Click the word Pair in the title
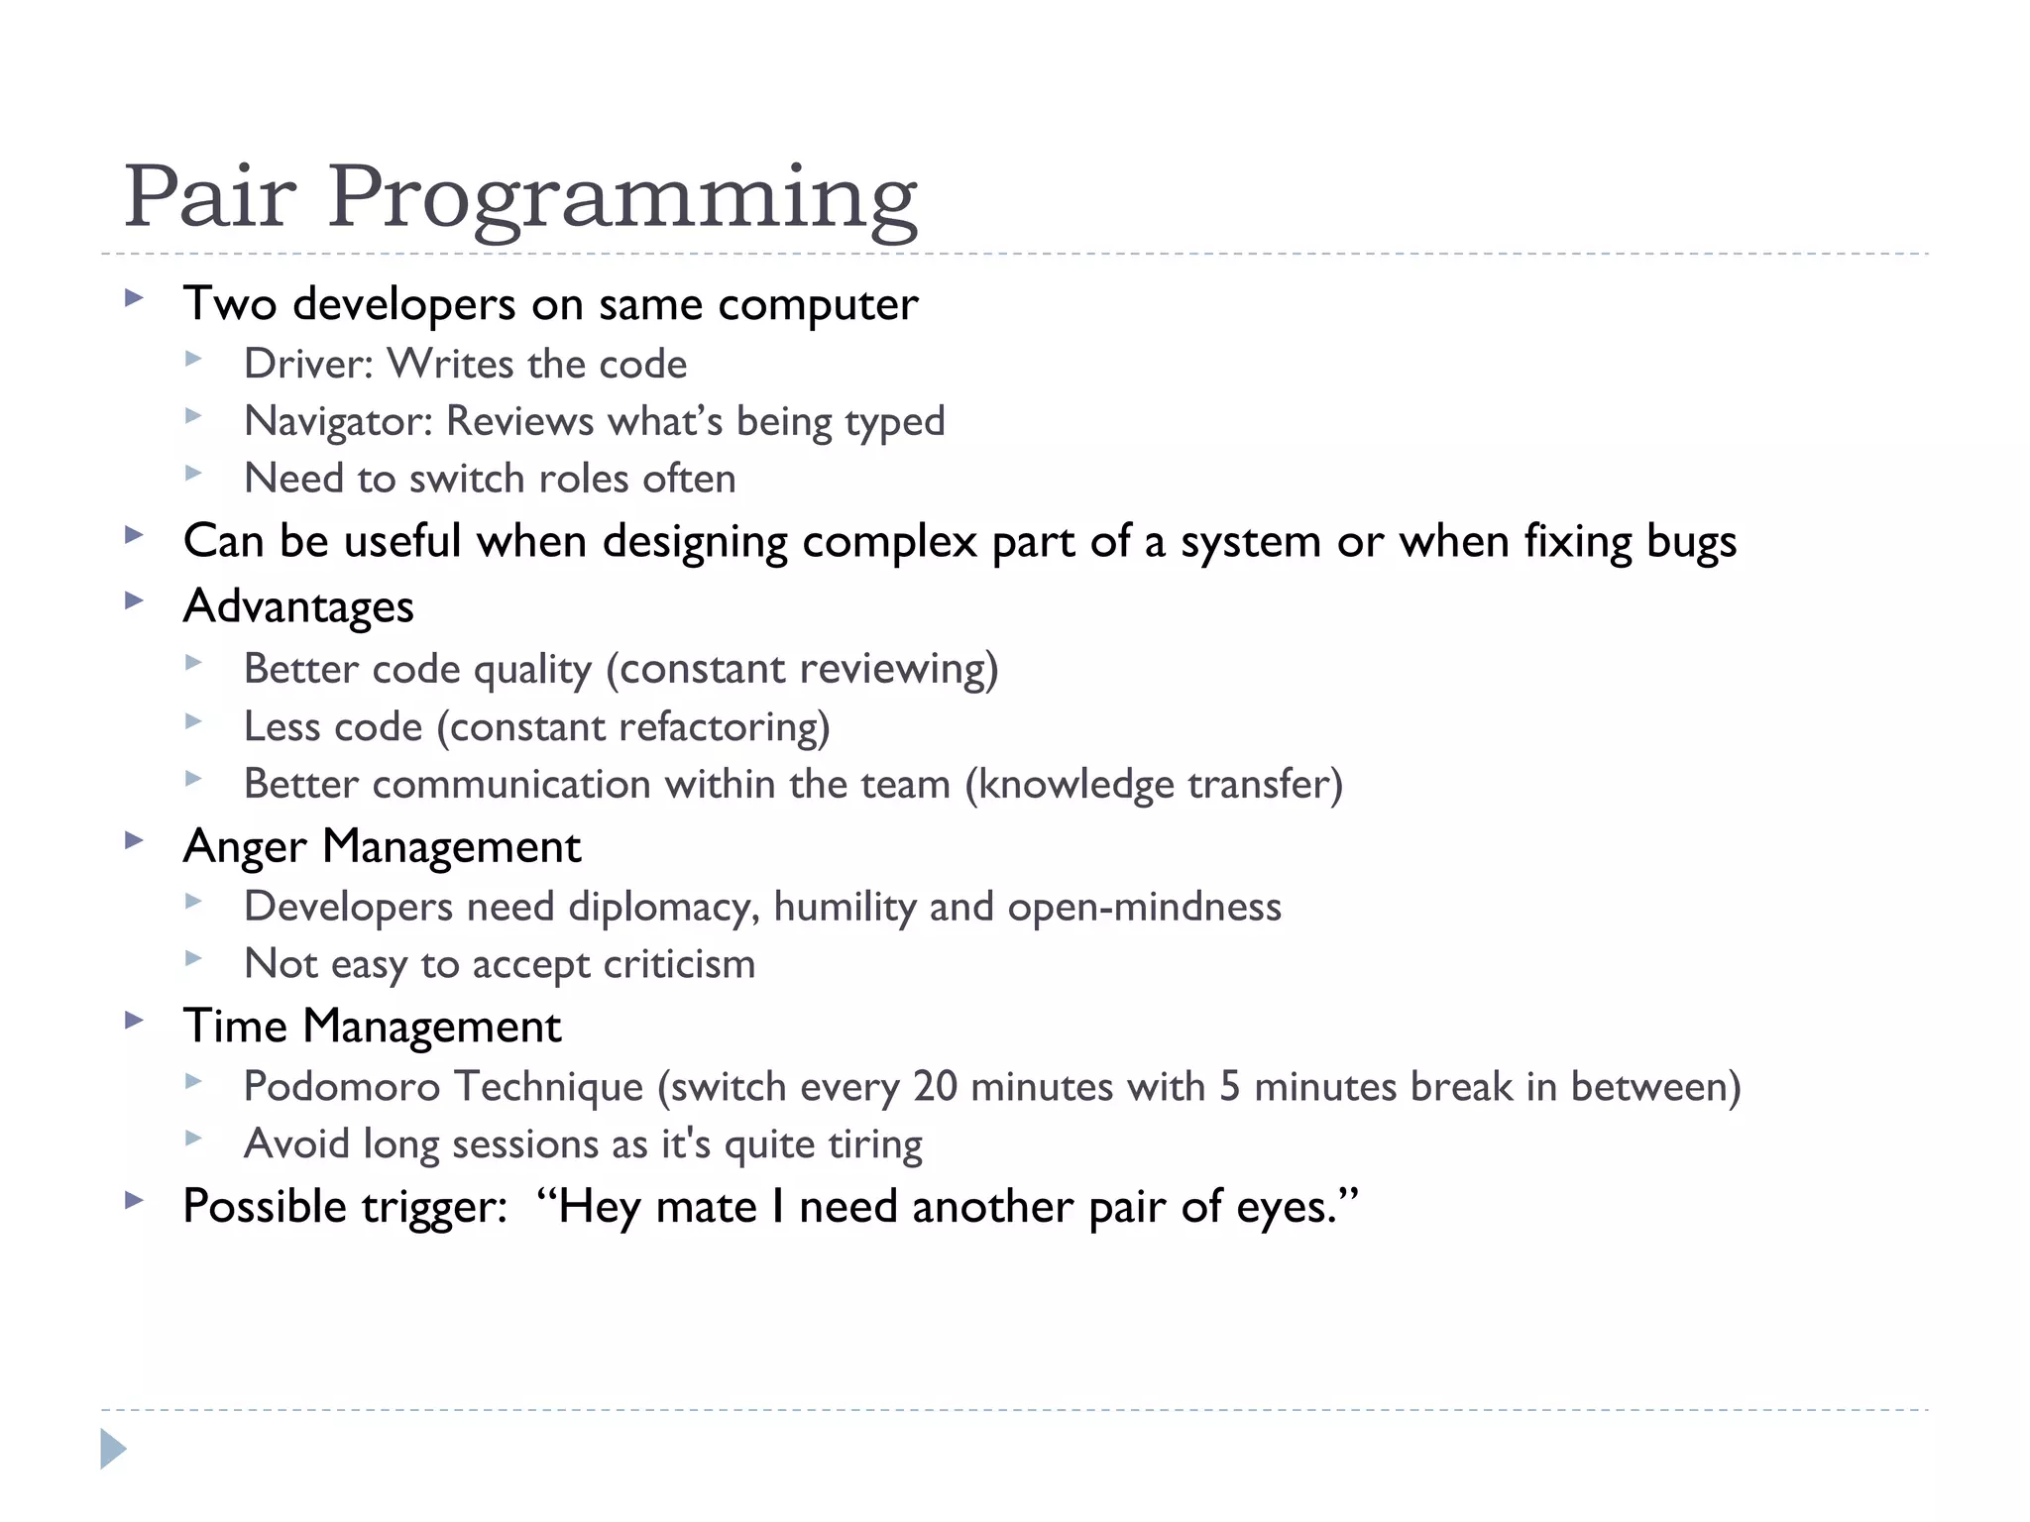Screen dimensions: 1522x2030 tap(209, 196)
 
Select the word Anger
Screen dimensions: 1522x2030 tap(245, 847)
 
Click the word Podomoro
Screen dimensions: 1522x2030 tap(342, 1087)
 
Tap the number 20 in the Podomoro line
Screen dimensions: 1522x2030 tap(935, 1087)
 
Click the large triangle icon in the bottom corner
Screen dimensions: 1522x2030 tap(113, 1450)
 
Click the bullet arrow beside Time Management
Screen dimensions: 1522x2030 tap(135, 1021)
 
